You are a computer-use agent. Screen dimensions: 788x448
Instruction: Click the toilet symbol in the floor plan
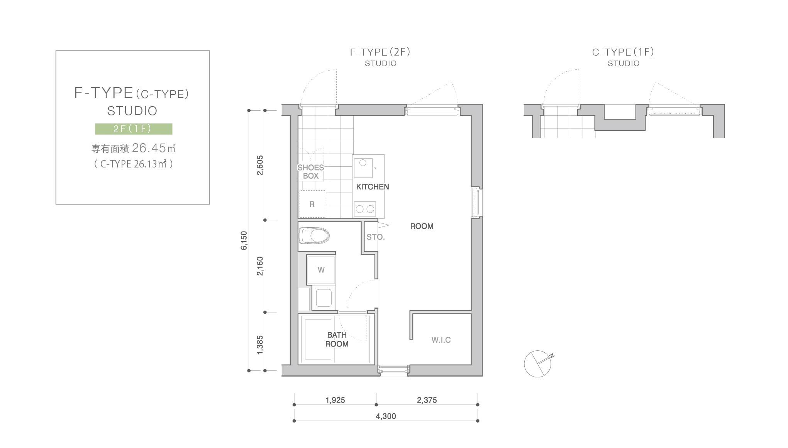[x=314, y=235]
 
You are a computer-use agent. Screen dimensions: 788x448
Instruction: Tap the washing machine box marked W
[x=321, y=270]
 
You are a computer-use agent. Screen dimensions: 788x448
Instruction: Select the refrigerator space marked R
[x=312, y=204]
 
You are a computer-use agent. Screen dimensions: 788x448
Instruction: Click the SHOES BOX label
[x=310, y=172]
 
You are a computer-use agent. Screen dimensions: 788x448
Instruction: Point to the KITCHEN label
[x=373, y=187]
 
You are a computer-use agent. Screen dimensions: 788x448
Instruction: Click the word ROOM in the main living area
[x=422, y=226]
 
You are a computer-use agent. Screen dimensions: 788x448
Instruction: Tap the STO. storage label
[x=376, y=237]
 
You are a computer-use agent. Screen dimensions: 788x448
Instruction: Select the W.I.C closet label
[x=441, y=340]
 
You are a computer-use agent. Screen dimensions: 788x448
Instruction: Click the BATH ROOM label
[x=337, y=340]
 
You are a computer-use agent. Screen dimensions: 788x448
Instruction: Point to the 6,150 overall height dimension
[x=244, y=240]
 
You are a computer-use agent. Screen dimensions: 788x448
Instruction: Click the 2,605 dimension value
[x=260, y=165]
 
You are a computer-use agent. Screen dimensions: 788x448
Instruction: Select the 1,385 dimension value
[x=260, y=345]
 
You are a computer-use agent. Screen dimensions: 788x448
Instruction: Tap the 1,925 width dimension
[x=335, y=400]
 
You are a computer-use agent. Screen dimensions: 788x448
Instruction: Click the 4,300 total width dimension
[x=386, y=416]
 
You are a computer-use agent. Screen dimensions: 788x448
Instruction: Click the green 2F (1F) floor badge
[x=134, y=129]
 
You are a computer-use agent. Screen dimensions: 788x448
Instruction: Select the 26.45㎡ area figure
[x=154, y=148]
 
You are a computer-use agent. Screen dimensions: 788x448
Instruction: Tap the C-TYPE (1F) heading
[x=623, y=52]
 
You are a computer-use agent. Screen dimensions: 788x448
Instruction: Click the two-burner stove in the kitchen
[x=365, y=209]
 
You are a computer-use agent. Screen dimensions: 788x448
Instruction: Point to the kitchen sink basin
[x=363, y=167]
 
